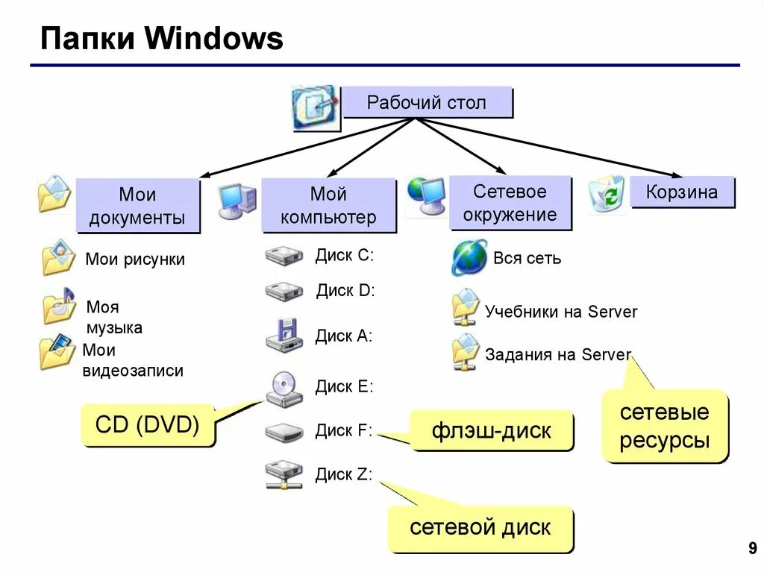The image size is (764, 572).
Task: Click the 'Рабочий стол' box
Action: point(427,102)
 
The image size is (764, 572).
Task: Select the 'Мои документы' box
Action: point(137,206)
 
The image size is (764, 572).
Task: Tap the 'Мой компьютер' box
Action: point(328,206)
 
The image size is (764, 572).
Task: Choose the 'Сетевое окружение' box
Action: point(510,203)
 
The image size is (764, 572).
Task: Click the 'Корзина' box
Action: point(682,192)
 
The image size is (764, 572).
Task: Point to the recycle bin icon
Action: point(607,195)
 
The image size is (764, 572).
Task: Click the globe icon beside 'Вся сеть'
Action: point(469,258)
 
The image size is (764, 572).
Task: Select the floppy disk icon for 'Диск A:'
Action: point(284,336)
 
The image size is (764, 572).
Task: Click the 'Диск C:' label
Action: point(344,255)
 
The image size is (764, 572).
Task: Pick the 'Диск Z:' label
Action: point(343,474)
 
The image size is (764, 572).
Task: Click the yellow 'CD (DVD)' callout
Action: point(147,425)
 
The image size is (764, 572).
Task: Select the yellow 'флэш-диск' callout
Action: point(491,430)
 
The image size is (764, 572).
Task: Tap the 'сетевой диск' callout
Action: point(480,528)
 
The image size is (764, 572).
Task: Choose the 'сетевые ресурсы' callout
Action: point(664,426)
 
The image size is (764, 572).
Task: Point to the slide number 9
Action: point(751,550)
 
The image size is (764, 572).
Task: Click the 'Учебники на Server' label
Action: point(561,312)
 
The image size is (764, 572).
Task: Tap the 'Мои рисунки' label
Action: point(135,260)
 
